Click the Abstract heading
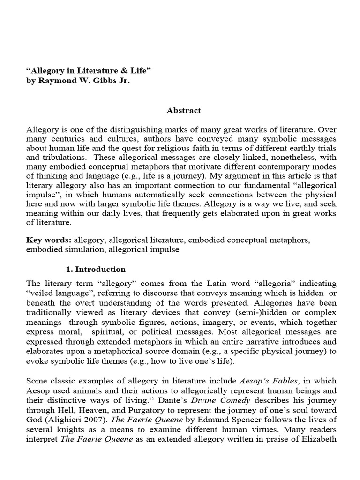coord(183,111)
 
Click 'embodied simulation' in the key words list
coord(65,250)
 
